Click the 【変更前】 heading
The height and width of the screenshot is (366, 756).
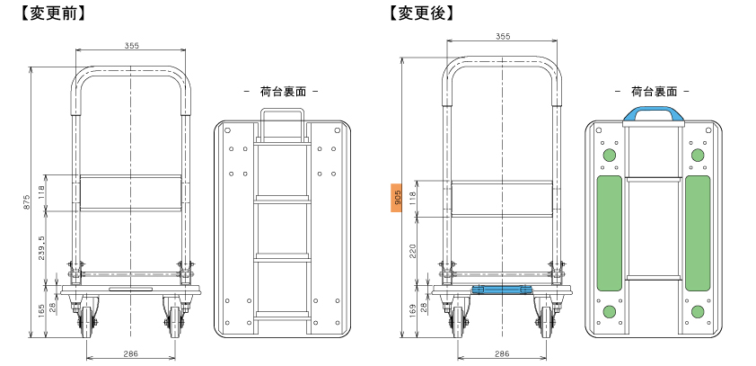pos(45,13)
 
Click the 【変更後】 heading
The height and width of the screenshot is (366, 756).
pos(421,13)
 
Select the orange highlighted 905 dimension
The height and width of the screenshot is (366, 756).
pos(395,199)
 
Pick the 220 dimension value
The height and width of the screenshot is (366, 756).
pos(413,251)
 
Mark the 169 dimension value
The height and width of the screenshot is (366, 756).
pos(413,311)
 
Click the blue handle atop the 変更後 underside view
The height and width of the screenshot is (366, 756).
pos(653,113)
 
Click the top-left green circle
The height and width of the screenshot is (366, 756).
pos(609,155)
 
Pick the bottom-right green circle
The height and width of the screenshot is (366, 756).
pos(697,311)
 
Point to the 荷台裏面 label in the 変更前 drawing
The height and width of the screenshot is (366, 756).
pos(282,92)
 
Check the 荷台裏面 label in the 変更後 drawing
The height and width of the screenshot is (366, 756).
pos(653,92)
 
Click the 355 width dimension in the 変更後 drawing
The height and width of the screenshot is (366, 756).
pos(502,36)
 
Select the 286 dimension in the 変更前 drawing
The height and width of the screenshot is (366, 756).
pos(131,354)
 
